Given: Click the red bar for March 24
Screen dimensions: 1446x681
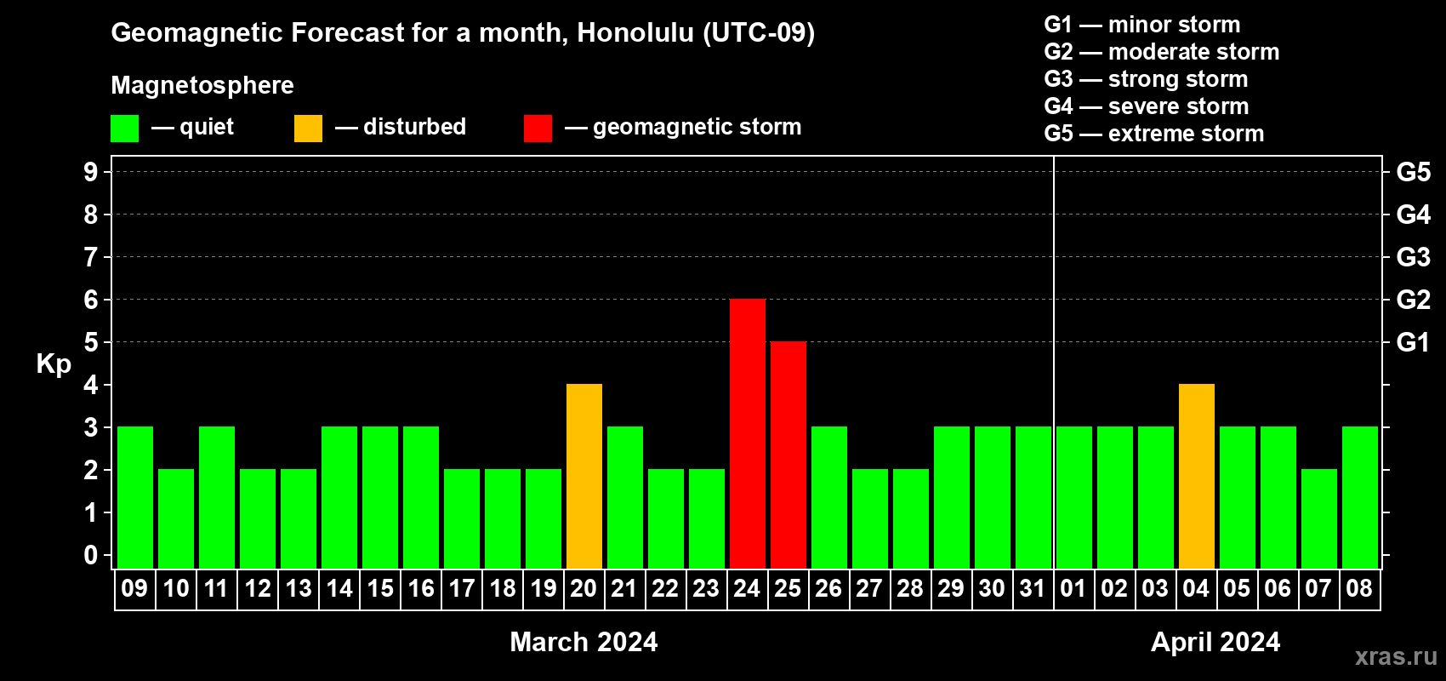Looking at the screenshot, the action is pyautogui.click(x=748, y=433).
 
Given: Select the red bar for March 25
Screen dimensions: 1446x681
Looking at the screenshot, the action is pyautogui.click(x=788, y=455).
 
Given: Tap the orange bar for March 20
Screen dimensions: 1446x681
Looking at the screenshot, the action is pyautogui.click(x=584, y=476).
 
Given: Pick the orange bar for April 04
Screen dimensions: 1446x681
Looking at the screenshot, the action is pyautogui.click(x=1196, y=476).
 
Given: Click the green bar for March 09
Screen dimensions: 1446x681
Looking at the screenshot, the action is pyautogui.click(x=135, y=497).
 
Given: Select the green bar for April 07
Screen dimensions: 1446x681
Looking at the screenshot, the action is pyautogui.click(x=1318, y=518).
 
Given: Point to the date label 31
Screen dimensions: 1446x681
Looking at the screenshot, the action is pyautogui.click(x=1033, y=588).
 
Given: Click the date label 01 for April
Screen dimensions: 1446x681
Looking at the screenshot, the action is pyautogui.click(x=1073, y=588).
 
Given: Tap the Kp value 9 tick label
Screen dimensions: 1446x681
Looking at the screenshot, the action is pyautogui.click(x=90, y=172).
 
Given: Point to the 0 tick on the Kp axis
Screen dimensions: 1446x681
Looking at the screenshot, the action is pyautogui.click(x=90, y=555).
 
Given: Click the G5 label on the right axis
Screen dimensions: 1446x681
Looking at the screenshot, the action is pyautogui.click(x=1413, y=172).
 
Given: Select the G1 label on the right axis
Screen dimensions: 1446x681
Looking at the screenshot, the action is pyautogui.click(x=1413, y=342).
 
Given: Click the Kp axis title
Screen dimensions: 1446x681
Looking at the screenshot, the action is pyautogui.click(x=54, y=364).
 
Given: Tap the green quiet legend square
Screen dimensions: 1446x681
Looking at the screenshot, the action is pyautogui.click(x=124, y=128).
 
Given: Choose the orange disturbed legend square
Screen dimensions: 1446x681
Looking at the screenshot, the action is pyautogui.click(x=308, y=128).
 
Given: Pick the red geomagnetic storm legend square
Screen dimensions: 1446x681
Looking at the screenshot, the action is pyautogui.click(x=538, y=128).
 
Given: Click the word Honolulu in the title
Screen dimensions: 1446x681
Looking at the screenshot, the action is pyautogui.click(x=635, y=32).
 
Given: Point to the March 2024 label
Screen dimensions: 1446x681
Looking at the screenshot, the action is pyautogui.click(x=584, y=642).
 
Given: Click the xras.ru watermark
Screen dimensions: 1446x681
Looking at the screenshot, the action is pyautogui.click(x=1396, y=656).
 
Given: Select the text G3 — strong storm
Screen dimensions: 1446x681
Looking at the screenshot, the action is pyautogui.click(x=1146, y=79).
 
